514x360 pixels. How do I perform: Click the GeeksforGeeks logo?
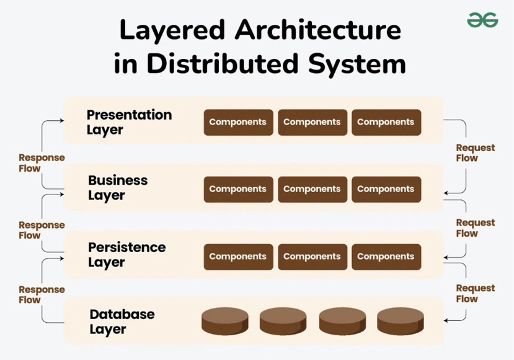[x=482, y=20]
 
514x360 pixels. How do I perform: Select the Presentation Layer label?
[x=129, y=122]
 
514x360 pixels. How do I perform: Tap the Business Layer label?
[x=118, y=188]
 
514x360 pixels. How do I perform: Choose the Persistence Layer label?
[x=126, y=255]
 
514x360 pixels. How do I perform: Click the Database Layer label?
[x=122, y=322]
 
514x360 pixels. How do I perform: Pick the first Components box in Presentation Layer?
[x=237, y=122]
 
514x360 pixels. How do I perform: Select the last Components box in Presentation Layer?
[x=386, y=122]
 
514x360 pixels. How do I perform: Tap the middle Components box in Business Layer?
[x=312, y=189]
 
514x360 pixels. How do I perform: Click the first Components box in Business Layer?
[x=237, y=189]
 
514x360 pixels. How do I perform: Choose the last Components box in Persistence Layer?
[x=386, y=257]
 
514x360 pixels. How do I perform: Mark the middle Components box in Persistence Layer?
[x=312, y=257]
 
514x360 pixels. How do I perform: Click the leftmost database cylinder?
[x=225, y=322]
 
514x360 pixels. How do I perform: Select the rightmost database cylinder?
[x=401, y=322]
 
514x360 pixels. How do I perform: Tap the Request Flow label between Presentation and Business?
[x=476, y=153]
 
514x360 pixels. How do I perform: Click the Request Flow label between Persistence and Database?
[x=476, y=293]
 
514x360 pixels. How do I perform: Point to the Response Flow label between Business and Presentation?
[x=42, y=163]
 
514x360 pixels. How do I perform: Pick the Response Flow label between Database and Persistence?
[x=42, y=294]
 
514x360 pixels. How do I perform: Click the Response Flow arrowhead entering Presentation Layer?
[x=62, y=121]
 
